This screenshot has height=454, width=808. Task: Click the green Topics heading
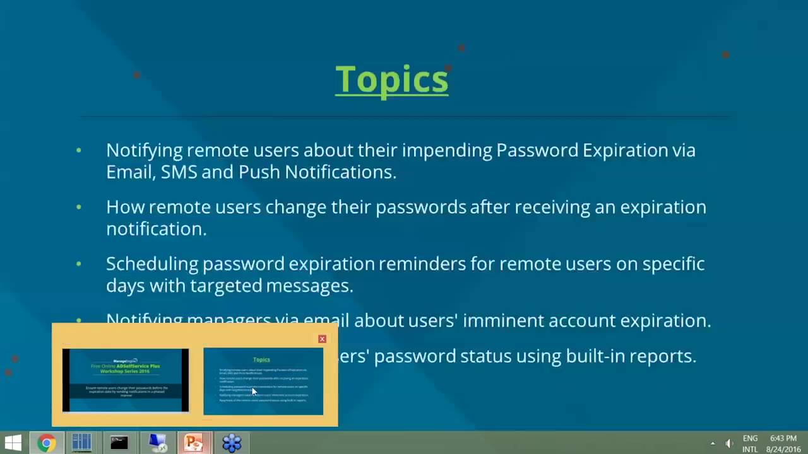391,79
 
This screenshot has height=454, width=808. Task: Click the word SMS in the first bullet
179,172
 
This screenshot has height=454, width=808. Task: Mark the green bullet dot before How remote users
79,207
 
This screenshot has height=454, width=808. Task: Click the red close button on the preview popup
322,339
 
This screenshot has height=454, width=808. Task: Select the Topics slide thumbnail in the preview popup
263,381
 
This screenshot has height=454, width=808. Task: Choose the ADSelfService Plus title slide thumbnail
125,380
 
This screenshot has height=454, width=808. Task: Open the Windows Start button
13,443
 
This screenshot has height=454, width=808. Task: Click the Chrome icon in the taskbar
45,443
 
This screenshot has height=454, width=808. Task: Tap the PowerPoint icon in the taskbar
193,443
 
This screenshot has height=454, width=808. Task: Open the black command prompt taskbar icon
119,443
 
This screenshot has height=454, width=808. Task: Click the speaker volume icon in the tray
729,443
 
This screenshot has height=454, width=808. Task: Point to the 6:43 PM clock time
783,438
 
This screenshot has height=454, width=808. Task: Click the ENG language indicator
750,438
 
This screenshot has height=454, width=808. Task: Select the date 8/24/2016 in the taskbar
783,449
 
